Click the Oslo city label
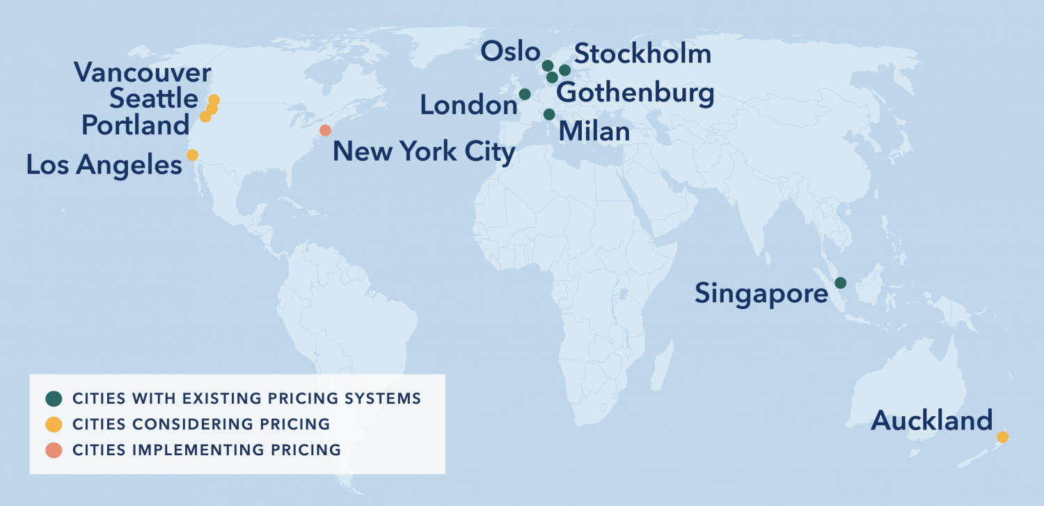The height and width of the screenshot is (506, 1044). point(510,52)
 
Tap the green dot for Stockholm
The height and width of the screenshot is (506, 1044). point(564,70)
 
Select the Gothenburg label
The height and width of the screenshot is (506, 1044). point(635,93)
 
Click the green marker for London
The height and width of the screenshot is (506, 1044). point(525,94)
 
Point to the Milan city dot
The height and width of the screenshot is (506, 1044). point(549,114)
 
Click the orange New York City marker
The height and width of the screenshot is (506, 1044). point(325,130)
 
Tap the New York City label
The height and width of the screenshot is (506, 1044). point(424,152)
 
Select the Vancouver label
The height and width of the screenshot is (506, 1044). point(142,72)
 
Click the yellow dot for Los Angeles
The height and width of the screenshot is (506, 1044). point(192,155)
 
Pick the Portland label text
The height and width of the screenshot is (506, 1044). point(135,126)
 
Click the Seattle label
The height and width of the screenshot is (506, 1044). point(154,100)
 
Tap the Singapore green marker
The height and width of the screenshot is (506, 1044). point(840,283)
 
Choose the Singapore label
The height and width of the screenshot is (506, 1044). point(761,294)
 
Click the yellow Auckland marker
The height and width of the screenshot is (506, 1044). point(1002,437)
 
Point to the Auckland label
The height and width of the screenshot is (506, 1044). point(931,420)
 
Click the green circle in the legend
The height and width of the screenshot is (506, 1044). point(54,399)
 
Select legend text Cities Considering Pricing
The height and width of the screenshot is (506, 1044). point(201,425)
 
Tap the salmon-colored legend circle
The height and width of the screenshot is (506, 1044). point(54,450)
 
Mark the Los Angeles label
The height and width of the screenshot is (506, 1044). point(104,166)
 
